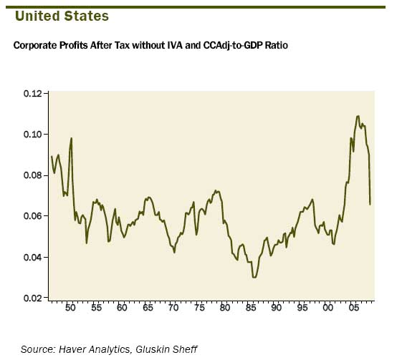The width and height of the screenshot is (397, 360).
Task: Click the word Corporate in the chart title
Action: click(35, 46)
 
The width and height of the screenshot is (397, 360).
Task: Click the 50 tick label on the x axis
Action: click(70, 308)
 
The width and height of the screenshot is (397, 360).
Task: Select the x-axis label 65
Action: click(148, 308)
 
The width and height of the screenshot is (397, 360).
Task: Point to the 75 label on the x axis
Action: click(199, 308)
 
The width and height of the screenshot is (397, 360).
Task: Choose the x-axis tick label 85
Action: click(251, 308)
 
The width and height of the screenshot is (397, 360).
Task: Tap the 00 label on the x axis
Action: click(328, 308)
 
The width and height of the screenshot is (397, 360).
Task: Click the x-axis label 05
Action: click(354, 308)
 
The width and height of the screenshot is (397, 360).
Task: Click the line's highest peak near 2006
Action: click(358, 116)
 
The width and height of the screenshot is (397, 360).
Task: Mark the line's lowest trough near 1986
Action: click(254, 276)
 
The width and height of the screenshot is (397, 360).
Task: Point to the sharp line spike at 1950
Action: click(72, 138)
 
